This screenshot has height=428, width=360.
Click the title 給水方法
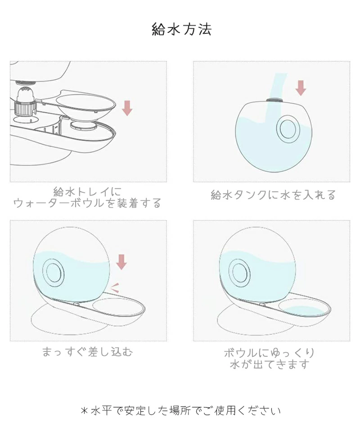coord(181,29)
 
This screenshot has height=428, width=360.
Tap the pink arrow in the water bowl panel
coord(127,108)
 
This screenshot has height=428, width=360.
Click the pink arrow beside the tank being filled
coord(301,88)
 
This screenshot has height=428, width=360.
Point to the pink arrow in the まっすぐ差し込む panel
coord(121,262)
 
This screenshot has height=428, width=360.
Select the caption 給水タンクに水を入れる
coord(273,195)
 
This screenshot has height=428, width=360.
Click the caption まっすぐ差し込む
coord(87,351)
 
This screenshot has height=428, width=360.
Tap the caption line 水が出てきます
coord(270,364)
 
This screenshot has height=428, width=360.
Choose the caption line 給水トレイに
coord(87,191)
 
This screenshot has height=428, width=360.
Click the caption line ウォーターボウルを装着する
coord(87,203)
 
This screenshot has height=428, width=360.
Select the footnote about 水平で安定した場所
coord(181,410)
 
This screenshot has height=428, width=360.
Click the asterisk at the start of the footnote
coord(84,410)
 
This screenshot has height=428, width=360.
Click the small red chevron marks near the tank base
coord(115,288)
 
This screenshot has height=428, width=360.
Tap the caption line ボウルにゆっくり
coord(270,353)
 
